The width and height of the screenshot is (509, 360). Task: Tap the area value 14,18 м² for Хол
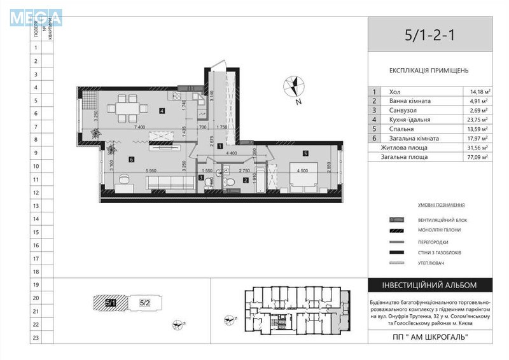475,92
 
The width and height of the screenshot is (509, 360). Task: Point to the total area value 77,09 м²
475,156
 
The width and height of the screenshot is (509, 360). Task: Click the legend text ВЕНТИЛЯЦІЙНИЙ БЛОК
439,220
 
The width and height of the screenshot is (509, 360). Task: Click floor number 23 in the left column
36,338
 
